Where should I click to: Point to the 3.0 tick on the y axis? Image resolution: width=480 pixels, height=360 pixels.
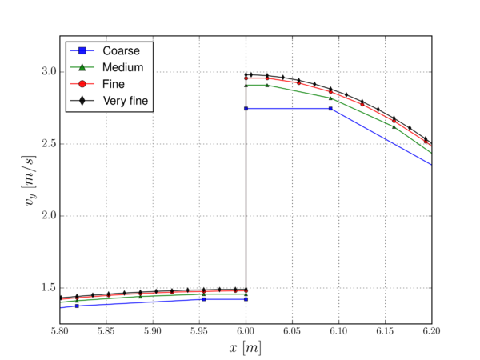[46, 72]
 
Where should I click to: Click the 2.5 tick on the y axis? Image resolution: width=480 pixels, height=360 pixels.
[46, 144]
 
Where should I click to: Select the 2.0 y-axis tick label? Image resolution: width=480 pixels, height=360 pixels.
[46, 216]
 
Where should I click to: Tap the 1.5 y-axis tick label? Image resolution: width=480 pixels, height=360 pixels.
[46, 288]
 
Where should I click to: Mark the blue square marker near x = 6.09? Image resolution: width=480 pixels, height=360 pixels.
[330, 108]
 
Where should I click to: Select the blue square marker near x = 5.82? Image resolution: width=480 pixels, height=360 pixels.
[77, 306]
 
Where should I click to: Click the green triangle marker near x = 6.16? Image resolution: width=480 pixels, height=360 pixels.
[394, 126]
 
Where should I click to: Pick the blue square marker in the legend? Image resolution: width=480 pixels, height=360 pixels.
[82, 51]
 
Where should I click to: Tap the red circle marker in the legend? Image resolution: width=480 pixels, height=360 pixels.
[82, 83]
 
